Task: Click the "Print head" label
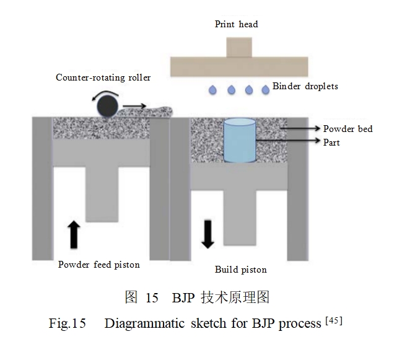(x=236, y=24)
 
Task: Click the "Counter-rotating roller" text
(x=103, y=77)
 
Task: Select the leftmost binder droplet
(x=213, y=90)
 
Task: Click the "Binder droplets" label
(x=305, y=86)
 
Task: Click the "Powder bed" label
(x=347, y=129)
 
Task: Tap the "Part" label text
(x=331, y=143)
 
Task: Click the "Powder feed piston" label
(x=99, y=265)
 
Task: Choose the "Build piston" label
(x=241, y=270)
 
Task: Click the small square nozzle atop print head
(x=236, y=48)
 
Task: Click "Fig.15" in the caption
(x=66, y=324)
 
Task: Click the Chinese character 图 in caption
(x=130, y=297)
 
